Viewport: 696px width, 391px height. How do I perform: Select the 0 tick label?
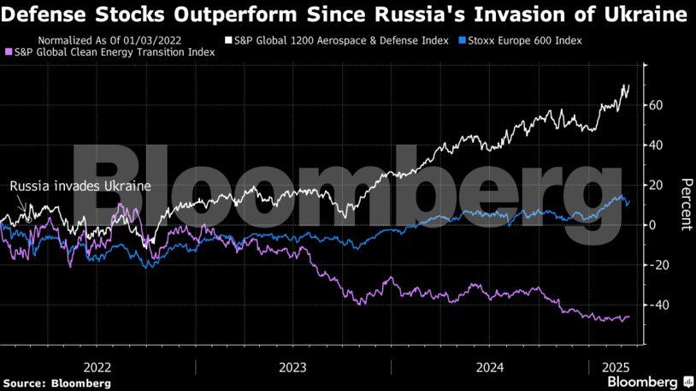pyautogui.click(x=654, y=225)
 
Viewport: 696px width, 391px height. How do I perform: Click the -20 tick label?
pyautogui.click(x=656, y=265)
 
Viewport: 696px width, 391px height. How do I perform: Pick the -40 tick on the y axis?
pyautogui.click(x=656, y=305)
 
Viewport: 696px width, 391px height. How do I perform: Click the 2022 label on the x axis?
pyautogui.click(x=98, y=366)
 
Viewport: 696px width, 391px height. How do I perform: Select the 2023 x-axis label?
pyautogui.click(x=293, y=366)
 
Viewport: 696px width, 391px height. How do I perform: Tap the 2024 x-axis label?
pyautogui.click(x=489, y=366)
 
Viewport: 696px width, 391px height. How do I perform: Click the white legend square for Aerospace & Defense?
pyautogui.click(x=228, y=40)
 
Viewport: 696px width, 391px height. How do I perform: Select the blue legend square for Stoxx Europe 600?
pyautogui.click(x=463, y=40)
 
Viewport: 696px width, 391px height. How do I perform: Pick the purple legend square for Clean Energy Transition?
pyautogui.click(x=9, y=52)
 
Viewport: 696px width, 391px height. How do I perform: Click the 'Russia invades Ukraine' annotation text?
pyautogui.click(x=80, y=187)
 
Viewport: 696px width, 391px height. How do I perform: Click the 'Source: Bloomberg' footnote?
pyautogui.click(x=56, y=382)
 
